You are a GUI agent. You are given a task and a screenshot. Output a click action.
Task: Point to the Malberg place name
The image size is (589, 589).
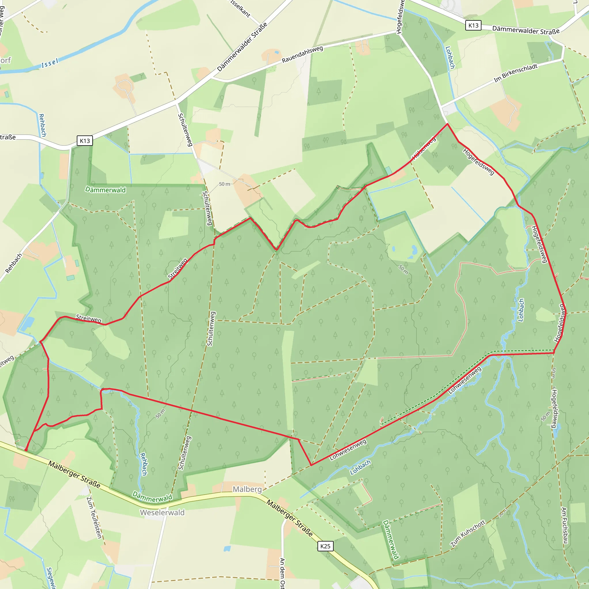(x=247, y=489)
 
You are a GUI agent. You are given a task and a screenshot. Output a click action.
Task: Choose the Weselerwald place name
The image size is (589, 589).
(x=162, y=512)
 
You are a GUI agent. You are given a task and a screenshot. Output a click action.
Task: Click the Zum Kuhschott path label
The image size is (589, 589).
(x=468, y=533)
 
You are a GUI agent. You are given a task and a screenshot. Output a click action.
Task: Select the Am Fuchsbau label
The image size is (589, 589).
(x=564, y=525)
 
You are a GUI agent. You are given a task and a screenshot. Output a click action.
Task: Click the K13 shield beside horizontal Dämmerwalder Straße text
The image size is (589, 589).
(x=473, y=25)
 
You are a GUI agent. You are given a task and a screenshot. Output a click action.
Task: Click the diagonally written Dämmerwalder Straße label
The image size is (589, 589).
(x=242, y=47)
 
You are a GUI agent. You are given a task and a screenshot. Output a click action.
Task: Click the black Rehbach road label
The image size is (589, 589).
(x=14, y=263)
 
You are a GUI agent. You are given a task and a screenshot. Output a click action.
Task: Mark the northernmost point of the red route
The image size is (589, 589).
(x=447, y=124)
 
